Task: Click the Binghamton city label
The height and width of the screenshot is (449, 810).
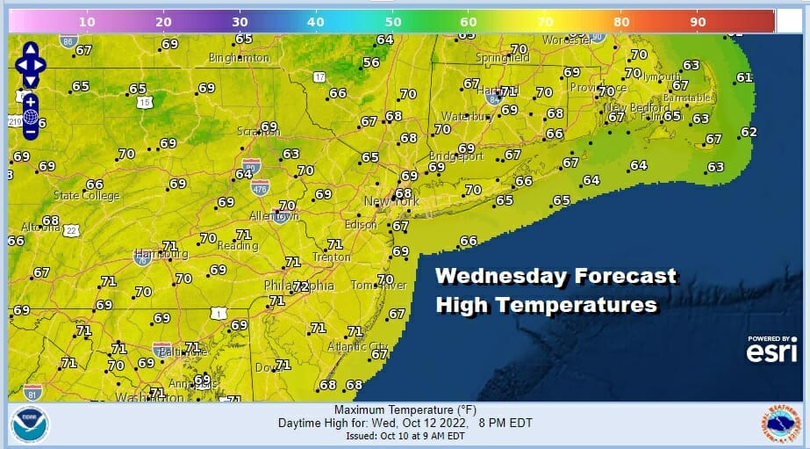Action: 239,58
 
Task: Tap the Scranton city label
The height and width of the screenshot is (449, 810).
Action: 253,133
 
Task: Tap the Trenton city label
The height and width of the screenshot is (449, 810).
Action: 332,257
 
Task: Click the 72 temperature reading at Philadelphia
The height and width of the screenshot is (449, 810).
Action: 300,286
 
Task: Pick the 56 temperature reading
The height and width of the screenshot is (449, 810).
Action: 371,62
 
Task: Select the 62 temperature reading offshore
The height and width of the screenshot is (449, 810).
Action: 748,133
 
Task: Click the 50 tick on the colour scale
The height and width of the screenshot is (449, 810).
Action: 393,20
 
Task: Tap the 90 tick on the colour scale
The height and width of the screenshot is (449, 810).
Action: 699,20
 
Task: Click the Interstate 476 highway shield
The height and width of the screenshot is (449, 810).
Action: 263,185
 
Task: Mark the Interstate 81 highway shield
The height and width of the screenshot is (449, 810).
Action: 33,392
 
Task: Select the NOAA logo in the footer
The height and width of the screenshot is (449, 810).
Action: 30,425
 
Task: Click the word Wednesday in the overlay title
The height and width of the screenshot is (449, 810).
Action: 498,276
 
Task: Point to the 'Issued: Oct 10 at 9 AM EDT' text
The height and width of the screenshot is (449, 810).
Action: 405,436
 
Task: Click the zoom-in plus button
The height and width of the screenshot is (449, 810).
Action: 30,102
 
